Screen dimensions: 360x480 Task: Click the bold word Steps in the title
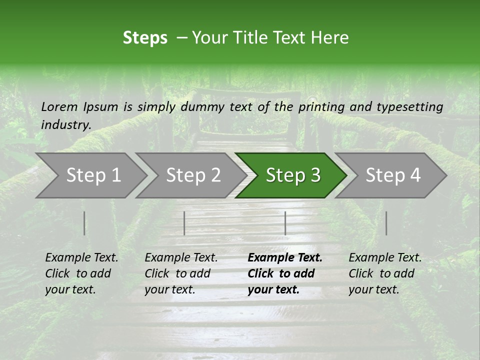point(145,38)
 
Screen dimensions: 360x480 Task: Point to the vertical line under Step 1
point(84,223)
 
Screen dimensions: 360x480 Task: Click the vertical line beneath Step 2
point(184,223)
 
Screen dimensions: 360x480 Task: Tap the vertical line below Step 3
point(285,223)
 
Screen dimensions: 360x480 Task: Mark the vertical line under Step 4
point(386,223)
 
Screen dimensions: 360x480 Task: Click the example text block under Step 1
point(81,273)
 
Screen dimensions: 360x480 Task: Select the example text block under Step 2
point(181,273)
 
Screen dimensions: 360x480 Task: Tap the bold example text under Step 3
point(285,273)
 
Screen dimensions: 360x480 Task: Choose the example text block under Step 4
point(385,273)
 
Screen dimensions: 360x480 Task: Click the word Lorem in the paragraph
point(59,107)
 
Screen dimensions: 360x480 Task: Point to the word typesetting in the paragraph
point(409,107)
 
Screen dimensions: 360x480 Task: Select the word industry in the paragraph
point(66,125)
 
